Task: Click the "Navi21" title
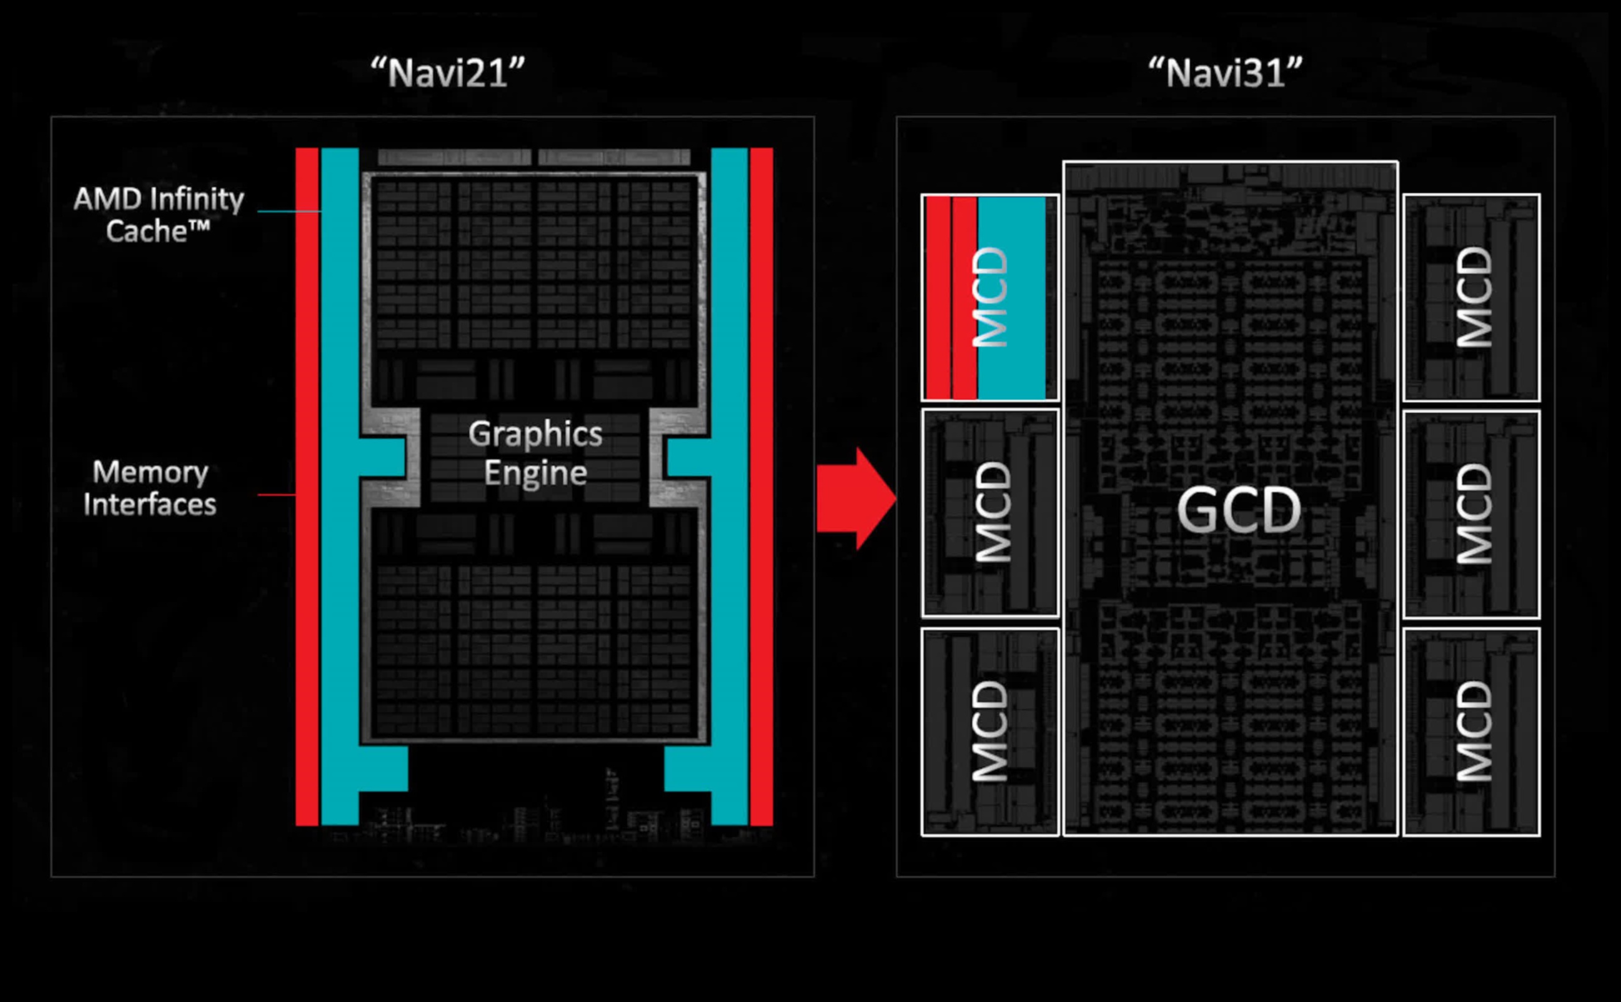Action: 448,72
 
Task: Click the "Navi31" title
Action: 1226,72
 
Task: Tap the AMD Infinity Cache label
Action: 159,214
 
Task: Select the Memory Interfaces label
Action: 150,488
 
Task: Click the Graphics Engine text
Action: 535,453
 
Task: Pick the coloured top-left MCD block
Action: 989,297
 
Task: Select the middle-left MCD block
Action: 990,513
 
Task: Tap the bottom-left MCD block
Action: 989,732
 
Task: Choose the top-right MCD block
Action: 1471,297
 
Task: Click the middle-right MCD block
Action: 1471,514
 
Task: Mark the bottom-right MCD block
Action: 1471,732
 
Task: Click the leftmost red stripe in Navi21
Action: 307,487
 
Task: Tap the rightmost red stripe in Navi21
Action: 761,487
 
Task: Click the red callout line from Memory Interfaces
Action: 276,494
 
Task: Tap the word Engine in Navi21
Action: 535,472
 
